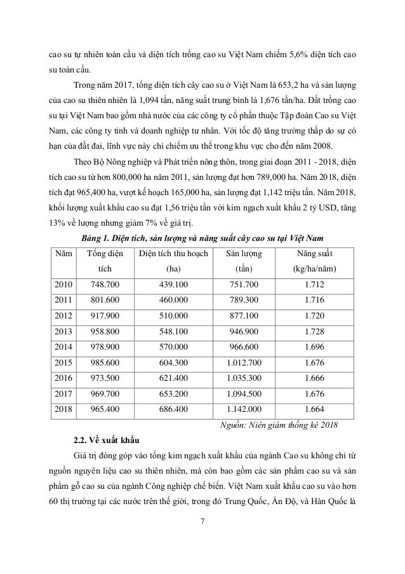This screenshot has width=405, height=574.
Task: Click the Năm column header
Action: [63, 253]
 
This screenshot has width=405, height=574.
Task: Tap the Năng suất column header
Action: [312, 253]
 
